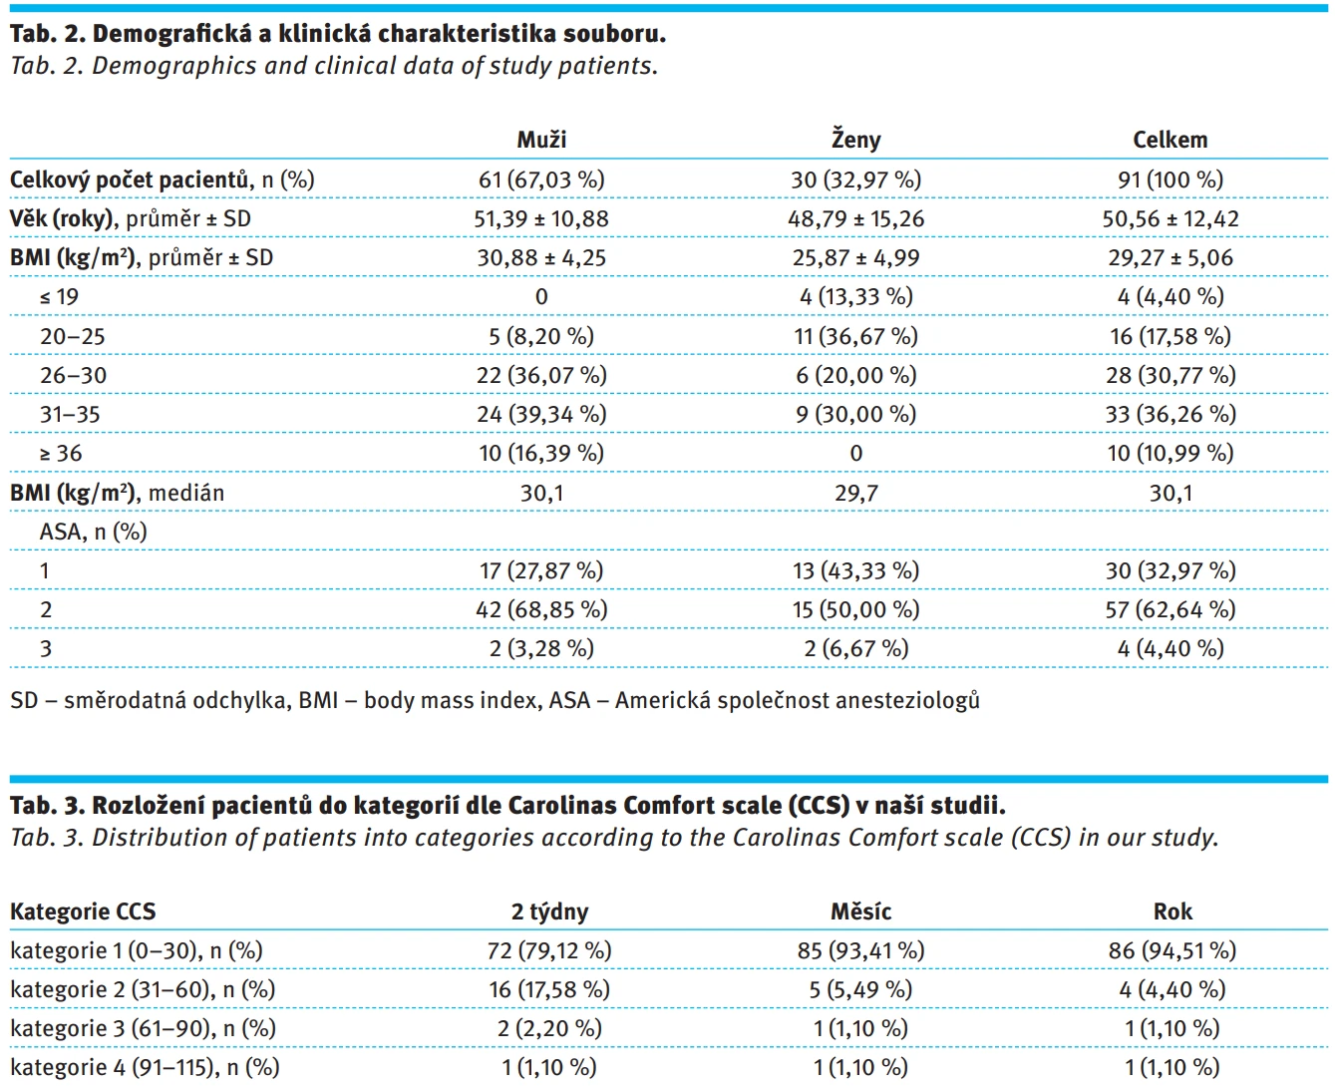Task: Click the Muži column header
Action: [541, 140]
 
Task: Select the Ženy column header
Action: [855, 140]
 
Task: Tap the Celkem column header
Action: [1169, 140]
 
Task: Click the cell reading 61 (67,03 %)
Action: [541, 180]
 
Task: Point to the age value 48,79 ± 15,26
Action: [855, 219]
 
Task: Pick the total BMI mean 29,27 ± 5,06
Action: [1170, 257]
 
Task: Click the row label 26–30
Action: [74, 376]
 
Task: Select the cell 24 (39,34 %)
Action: [541, 415]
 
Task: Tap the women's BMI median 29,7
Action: [855, 494]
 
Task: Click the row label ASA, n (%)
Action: [93, 532]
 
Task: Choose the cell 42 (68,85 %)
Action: [541, 609]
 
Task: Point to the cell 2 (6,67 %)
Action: [855, 649]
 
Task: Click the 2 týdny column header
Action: [549, 911]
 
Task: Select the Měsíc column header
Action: [860, 911]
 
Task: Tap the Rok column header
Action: [1172, 911]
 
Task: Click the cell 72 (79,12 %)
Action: [549, 951]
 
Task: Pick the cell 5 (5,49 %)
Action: [860, 989]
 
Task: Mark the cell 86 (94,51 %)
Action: [1172, 951]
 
